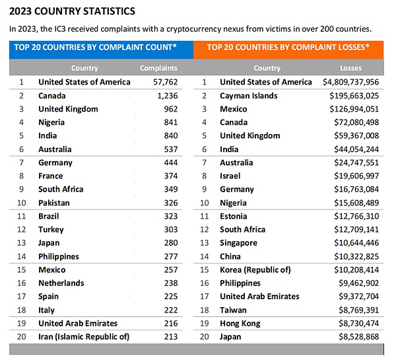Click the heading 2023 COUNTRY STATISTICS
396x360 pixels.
click(72, 11)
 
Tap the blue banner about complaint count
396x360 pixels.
click(101, 50)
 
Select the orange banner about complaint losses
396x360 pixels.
click(288, 50)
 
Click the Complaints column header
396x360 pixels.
click(158, 68)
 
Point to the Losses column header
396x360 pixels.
click(351, 68)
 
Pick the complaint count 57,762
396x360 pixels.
click(166, 82)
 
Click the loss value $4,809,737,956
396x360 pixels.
click(351, 82)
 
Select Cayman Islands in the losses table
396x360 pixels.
click(249, 96)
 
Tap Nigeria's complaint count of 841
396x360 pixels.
click(171, 122)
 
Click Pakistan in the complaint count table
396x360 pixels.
click(54, 203)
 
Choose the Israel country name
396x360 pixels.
click(230, 176)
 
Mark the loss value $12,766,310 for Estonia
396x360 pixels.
click(356, 216)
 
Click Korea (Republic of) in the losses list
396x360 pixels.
click(255, 270)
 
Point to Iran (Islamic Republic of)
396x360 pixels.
click(84, 337)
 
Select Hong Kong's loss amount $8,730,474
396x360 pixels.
click(359, 324)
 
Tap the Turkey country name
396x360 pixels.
click(51, 230)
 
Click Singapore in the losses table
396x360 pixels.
click(239, 243)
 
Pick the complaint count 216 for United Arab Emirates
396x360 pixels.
click(171, 324)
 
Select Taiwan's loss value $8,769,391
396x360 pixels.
click(359, 310)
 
